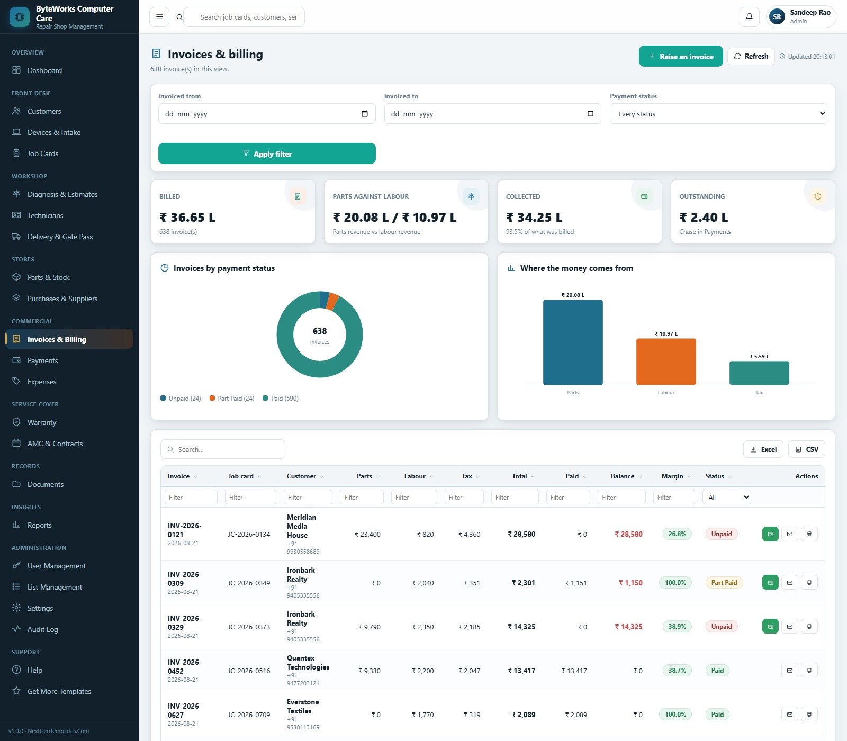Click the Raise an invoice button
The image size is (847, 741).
click(x=681, y=56)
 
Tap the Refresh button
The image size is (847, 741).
click(x=751, y=56)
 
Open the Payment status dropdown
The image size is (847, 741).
click(x=718, y=114)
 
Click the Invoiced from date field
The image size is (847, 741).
click(x=267, y=114)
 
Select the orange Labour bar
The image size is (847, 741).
click(x=666, y=362)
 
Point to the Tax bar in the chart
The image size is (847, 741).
click(x=759, y=373)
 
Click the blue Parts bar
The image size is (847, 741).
click(x=573, y=342)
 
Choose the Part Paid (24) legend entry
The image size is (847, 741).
click(x=232, y=399)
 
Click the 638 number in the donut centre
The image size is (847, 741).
click(x=320, y=331)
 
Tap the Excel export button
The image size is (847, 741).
click(x=763, y=449)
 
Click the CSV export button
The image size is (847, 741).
click(x=806, y=449)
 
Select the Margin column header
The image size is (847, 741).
click(x=672, y=476)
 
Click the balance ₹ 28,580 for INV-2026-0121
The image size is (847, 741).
click(x=628, y=534)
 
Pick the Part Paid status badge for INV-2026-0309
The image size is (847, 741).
click(x=724, y=583)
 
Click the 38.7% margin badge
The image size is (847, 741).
click(x=677, y=671)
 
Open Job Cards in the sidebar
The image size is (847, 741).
click(x=43, y=153)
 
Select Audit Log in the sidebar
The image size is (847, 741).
click(x=43, y=629)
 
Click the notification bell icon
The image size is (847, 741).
click(x=749, y=17)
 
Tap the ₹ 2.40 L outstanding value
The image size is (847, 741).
click(x=704, y=218)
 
